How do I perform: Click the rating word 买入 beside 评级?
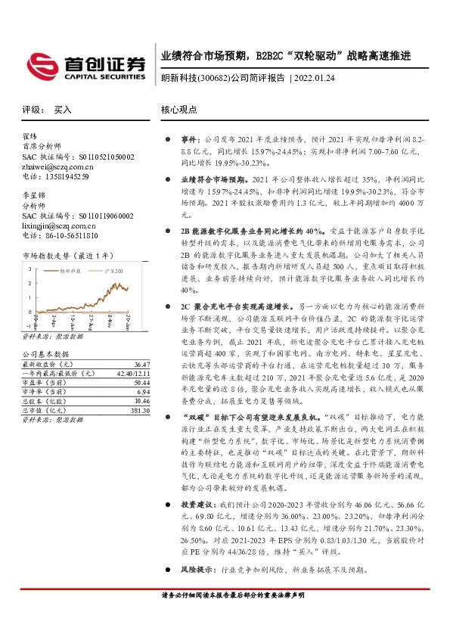63,109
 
